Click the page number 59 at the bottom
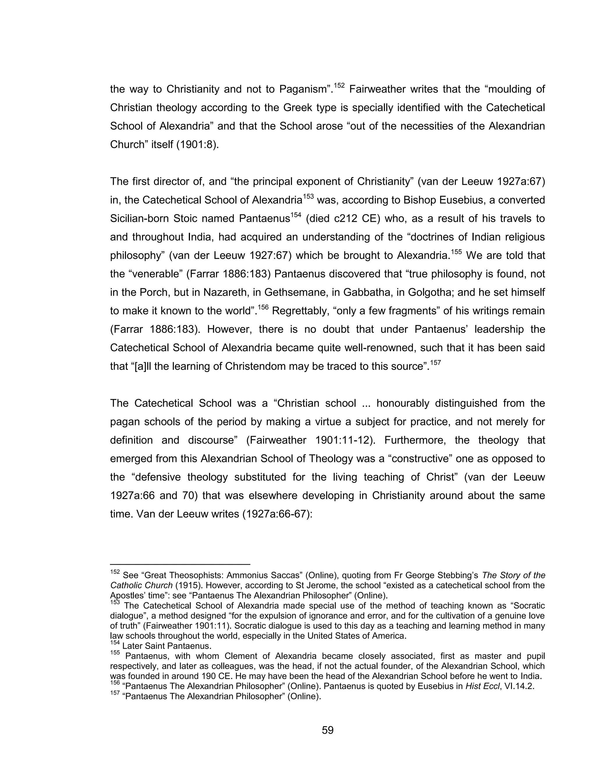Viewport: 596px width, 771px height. [327, 730]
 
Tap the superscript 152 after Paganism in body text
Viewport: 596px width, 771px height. [339, 85]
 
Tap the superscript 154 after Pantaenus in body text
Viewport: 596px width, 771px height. [296, 215]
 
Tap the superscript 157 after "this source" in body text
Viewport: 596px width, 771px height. [435, 362]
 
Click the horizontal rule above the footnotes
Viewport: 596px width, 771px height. [180, 564]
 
